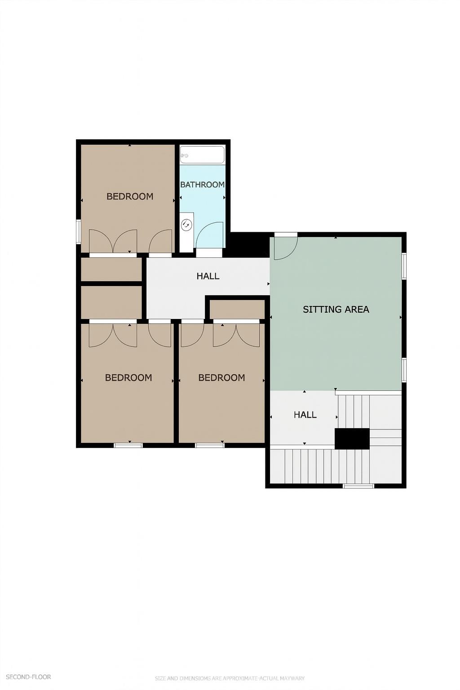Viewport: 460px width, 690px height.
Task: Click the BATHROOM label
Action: tap(202, 185)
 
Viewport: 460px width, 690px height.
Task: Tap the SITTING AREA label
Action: tap(336, 309)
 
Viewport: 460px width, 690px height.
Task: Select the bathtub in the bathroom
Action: tap(202, 155)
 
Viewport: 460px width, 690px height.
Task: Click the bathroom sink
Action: tap(186, 223)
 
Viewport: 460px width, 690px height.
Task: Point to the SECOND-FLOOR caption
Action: tap(28, 677)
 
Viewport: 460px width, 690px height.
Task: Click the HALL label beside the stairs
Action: tap(305, 415)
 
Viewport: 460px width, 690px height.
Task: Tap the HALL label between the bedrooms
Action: tap(208, 276)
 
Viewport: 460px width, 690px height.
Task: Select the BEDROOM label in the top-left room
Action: tap(130, 196)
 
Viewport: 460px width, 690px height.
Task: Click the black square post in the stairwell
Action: tap(352, 438)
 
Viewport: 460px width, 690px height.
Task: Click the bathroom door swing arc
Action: tap(209, 234)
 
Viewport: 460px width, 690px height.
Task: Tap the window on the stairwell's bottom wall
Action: tap(358, 486)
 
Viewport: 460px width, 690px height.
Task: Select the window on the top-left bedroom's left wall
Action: tap(78, 231)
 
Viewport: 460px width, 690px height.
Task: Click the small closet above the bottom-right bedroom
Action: tap(237, 309)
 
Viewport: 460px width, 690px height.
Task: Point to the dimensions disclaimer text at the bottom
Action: tap(230, 678)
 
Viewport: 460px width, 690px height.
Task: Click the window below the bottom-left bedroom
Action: tap(128, 445)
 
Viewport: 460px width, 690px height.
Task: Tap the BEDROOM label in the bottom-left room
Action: tap(128, 378)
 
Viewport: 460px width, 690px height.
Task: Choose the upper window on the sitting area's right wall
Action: tap(404, 265)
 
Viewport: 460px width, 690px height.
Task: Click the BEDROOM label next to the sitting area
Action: tap(221, 378)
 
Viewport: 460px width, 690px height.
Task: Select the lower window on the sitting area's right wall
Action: tap(404, 370)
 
